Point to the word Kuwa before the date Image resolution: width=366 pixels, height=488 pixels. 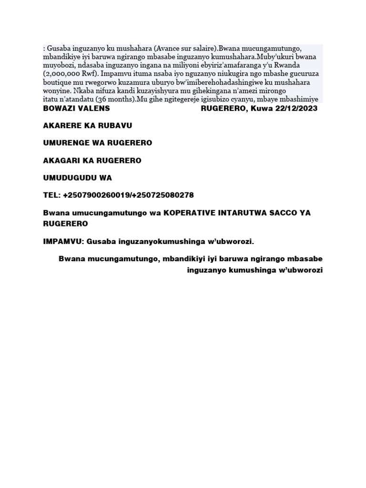pyautogui.click(x=260, y=108)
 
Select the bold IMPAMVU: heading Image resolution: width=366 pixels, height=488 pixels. pyautogui.click(x=63, y=242)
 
